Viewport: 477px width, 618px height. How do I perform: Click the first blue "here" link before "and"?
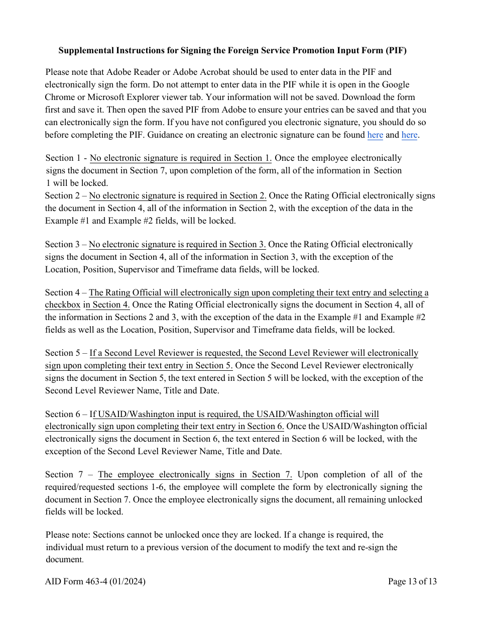375,135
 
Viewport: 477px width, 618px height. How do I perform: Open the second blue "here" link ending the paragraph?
409,135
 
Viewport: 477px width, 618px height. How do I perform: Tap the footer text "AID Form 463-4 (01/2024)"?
95,581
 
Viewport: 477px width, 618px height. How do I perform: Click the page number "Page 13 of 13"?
412,581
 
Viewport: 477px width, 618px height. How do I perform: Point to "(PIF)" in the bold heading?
396,51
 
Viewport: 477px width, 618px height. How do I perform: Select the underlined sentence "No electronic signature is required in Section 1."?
181,158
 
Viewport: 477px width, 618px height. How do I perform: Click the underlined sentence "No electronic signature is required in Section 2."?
178,195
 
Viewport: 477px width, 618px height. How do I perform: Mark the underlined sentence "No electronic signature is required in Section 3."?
177,244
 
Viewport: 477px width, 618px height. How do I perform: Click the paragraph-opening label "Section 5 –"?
66,353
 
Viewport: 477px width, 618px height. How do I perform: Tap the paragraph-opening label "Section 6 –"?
66,414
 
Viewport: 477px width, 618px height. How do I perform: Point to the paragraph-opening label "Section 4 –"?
66,292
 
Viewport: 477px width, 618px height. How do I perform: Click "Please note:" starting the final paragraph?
68,535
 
